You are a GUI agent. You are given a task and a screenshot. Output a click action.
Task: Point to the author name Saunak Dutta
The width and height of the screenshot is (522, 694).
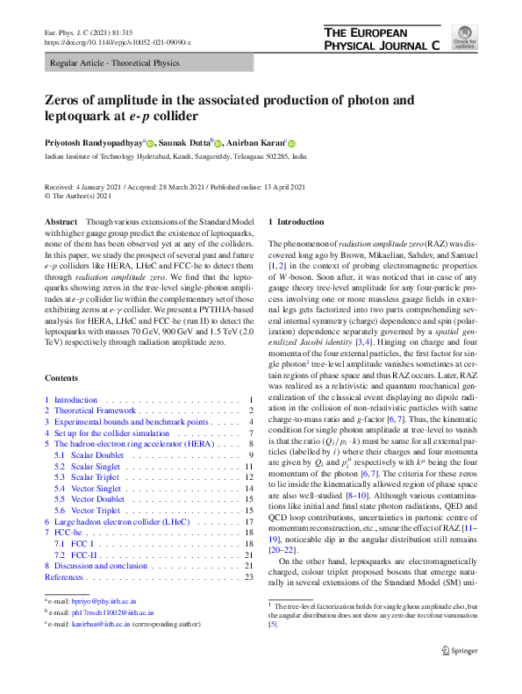(184, 143)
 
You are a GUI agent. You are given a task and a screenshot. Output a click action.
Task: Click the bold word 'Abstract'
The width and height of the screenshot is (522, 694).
(61, 224)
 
